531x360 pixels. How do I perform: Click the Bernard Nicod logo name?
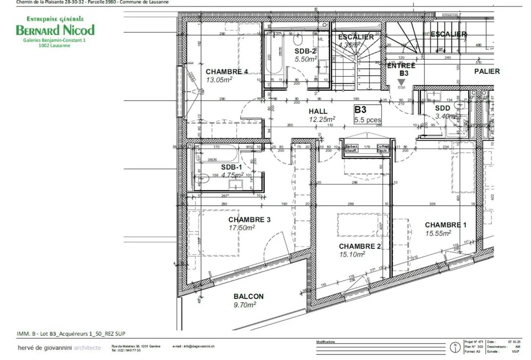tap(55, 30)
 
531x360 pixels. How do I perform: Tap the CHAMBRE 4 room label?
tap(226, 72)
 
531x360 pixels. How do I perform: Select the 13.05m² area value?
tap(219, 80)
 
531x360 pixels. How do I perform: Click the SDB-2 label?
tap(305, 51)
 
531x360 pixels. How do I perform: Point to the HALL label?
tap(318, 111)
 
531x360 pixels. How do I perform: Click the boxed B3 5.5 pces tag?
tap(367, 114)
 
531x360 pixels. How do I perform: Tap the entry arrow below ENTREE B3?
tap(401, 82)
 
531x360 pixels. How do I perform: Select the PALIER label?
tap(487, 71)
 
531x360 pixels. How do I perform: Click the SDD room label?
tap(442, 108)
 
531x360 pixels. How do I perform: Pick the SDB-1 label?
tap(232, 167)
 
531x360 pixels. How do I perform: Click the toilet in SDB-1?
tap(202, 179)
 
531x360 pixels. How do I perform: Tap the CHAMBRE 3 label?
tap(249, 220)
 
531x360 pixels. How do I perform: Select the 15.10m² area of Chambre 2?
tap(352, 254)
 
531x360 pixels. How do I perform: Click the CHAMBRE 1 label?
tap(445, 225)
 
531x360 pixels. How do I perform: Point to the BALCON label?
tap(249, 296)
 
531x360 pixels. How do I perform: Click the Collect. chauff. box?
tap(351, 148)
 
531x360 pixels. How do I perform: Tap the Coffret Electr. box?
tap(383, 148)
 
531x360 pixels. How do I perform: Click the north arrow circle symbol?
tap(455, 347)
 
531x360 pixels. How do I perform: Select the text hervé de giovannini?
tap(45, 348)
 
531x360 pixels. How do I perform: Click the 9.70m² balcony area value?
tap(244, 305)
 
